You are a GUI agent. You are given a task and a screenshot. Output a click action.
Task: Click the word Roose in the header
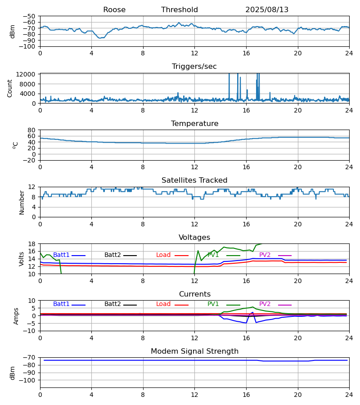tap(114, 10)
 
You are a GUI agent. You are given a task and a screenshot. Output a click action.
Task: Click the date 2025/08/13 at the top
tap(267, 10)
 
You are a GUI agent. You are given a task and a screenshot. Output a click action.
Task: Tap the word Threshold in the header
tap(180, 10)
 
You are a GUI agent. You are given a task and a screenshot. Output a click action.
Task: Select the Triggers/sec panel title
tap(194, 67)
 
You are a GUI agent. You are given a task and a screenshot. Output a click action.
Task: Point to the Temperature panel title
tap(194, 124)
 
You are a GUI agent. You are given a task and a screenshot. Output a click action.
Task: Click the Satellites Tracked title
tap(194, 180)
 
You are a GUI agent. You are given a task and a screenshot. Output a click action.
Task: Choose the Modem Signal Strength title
tap(194, 351)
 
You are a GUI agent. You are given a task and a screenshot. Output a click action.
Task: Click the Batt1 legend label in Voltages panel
tap(61, 255)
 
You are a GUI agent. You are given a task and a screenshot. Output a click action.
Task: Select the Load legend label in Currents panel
tap(163, 304)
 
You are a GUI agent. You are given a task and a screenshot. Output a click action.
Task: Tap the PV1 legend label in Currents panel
tap(213, 304)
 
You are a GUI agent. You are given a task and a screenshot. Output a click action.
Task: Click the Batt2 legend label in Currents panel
tap(112, 304)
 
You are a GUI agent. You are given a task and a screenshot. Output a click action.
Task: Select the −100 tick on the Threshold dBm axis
tap(27, 46)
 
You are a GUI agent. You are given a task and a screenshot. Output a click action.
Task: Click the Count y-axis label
tap(10, 88)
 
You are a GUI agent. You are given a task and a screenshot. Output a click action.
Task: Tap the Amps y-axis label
tap(16, 316)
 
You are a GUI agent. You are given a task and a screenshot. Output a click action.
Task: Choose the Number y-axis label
tap(22, 202)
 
